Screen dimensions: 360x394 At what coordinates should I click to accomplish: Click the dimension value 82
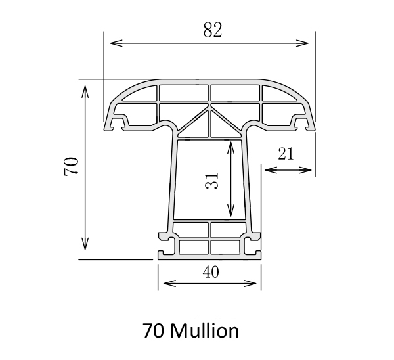pyautogui.click(x=211, y=30)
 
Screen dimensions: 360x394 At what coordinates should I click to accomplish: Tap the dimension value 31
pyautogui.click(x=211, y=180)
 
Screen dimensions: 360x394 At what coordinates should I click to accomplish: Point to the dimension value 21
pyautogui.click(x=286, y=154)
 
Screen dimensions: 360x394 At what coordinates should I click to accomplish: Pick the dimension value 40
pyautogui.click(x=210, y=271)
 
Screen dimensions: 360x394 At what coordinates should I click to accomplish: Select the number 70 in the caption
pyautogui.click(x=153, y=330)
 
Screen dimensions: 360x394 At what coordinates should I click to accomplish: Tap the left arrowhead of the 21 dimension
pyautogui.click(x=267, y=170)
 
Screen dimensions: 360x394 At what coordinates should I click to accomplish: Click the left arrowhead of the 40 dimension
pyautogui.click(x=164, y=284)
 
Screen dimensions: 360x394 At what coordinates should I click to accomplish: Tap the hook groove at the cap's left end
pyautogui.click(x=118, y=122)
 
